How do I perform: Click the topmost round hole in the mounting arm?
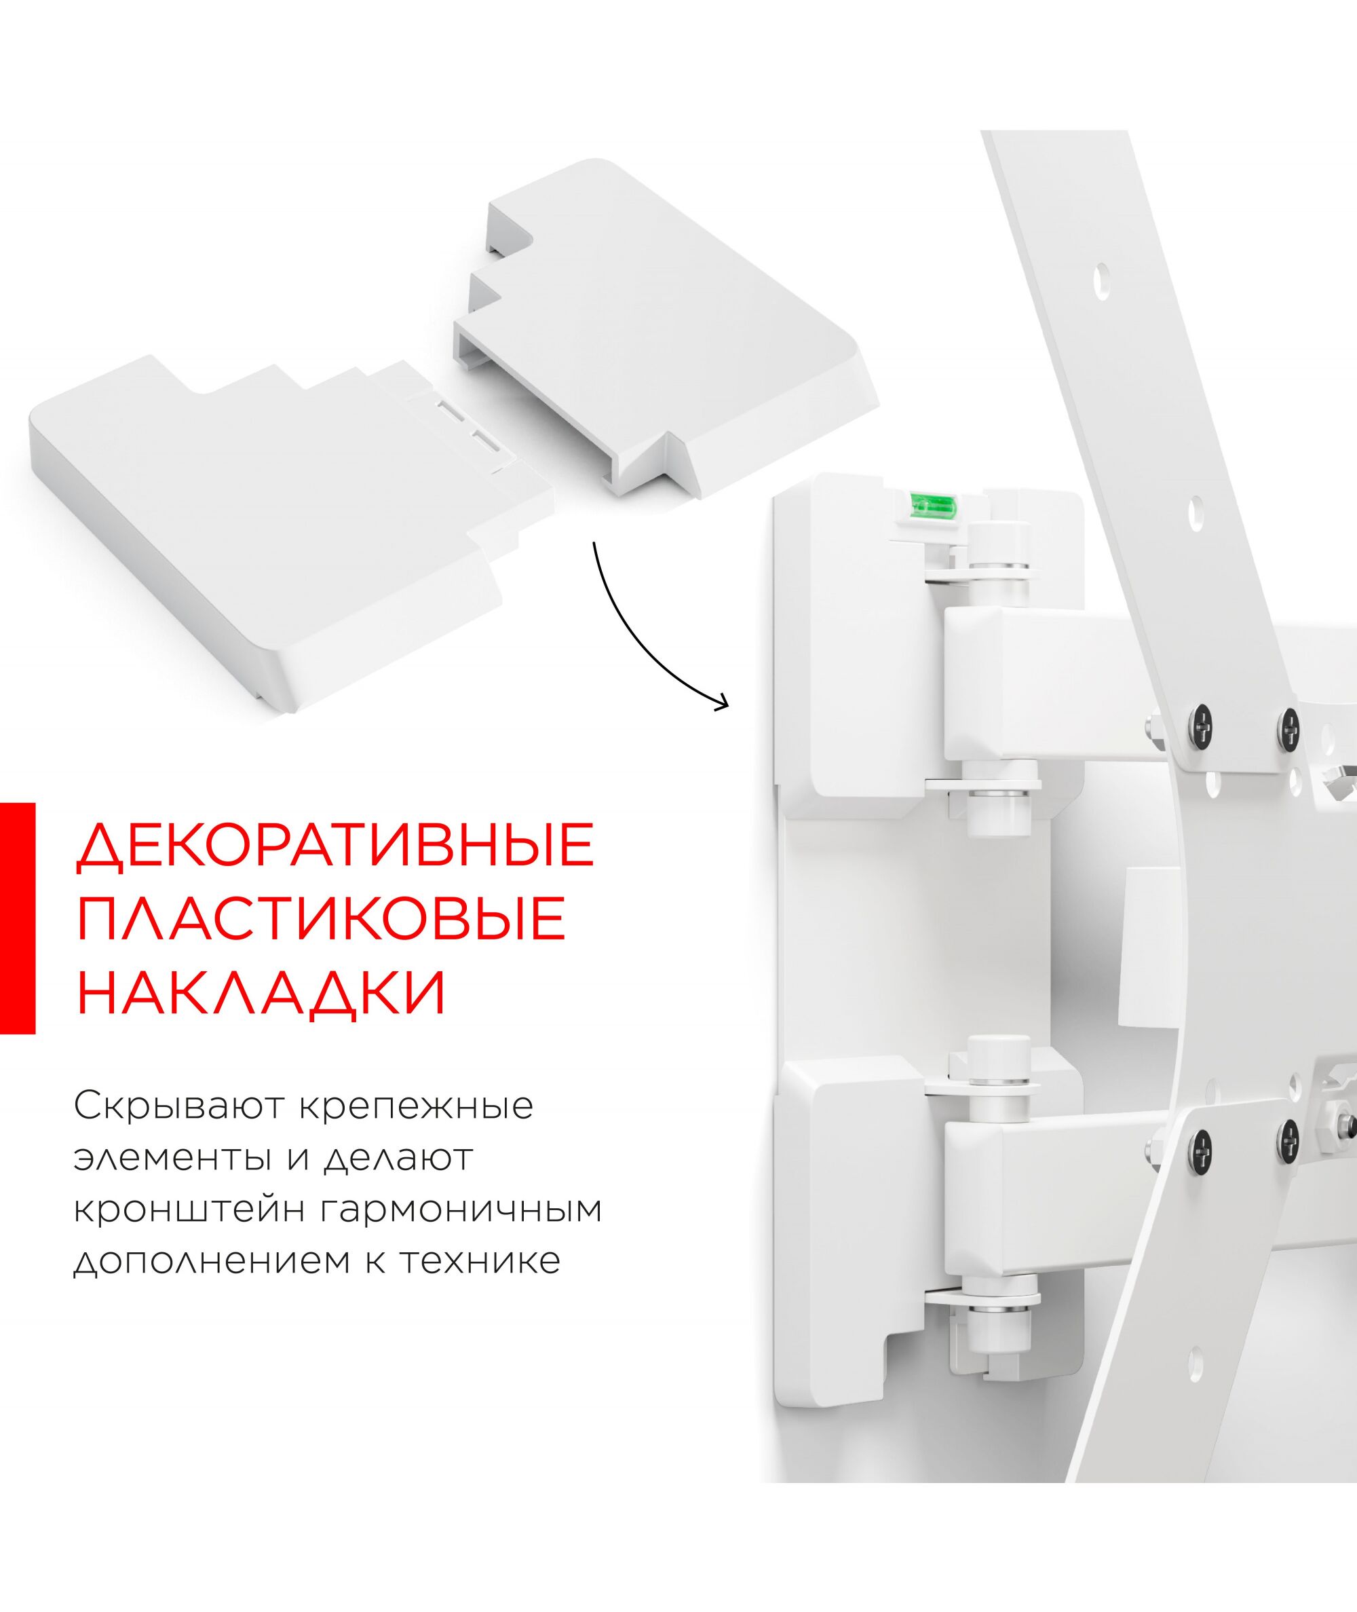(1103, 293)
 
